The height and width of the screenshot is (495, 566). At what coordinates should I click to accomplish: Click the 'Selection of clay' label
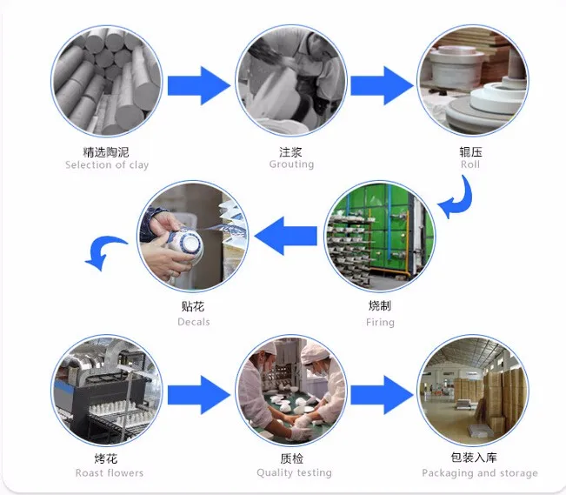point(107,165)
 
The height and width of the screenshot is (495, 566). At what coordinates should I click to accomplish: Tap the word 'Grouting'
point(290,165)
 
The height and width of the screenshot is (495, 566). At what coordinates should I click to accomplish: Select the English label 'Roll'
point(470,164)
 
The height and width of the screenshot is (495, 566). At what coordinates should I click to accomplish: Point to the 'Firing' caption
point(380,323)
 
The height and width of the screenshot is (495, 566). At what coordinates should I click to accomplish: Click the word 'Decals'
point(194,322)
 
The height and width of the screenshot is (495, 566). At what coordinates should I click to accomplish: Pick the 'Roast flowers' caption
point(109,473)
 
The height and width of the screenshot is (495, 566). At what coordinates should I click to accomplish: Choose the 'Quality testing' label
point(294,473)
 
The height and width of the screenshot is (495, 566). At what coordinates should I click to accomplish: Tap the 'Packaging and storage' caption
point(479,473)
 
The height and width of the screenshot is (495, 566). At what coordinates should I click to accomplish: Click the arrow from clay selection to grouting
point(198,85)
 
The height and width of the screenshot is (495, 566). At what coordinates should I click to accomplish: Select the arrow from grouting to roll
point(381,85)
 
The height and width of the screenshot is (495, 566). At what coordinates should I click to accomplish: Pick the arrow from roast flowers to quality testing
point(198,396)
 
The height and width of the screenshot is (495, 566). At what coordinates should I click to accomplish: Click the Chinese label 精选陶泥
point(106,151)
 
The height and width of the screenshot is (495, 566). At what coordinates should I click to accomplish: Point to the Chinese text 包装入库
point(479,458)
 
